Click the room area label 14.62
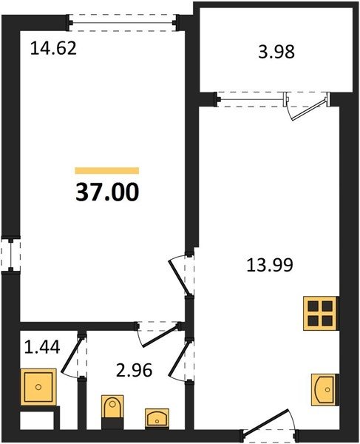click(53, 48)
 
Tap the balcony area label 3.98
click(276, 52)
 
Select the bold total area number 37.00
click(107, 192)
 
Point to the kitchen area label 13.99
click(270, 266)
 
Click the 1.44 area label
click(42, 347)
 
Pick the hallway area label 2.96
click(135, 371)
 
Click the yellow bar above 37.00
click(107, 170)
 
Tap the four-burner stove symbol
click(321, 313)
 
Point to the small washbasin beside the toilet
click(157, 417)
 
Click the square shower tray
click(38, 387)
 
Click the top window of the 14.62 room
click(122, 23)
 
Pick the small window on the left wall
click(10, 255)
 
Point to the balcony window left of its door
click(251, 99)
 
